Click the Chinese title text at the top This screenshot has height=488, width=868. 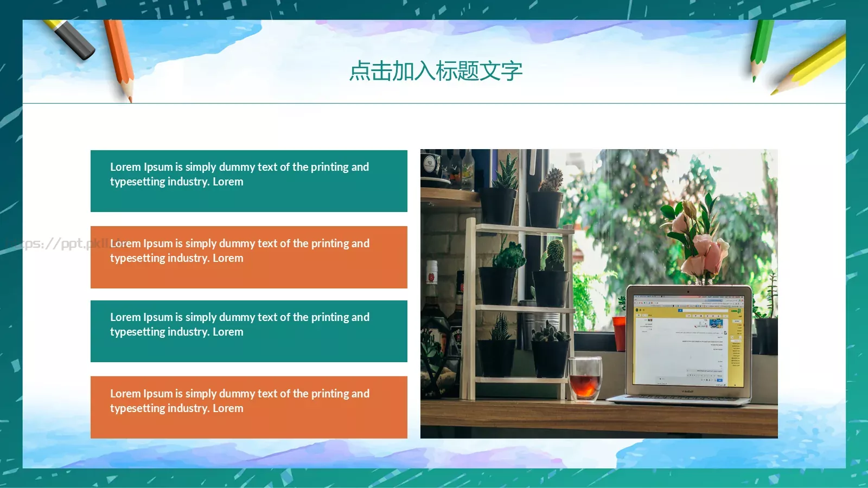(x=436, y=71)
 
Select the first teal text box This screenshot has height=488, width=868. (x=248, y=181)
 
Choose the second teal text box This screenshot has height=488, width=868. (x=248, y=331)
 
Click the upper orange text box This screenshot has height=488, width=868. (x=248, y=257)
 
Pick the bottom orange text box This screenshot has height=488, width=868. (x=248, y=407)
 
